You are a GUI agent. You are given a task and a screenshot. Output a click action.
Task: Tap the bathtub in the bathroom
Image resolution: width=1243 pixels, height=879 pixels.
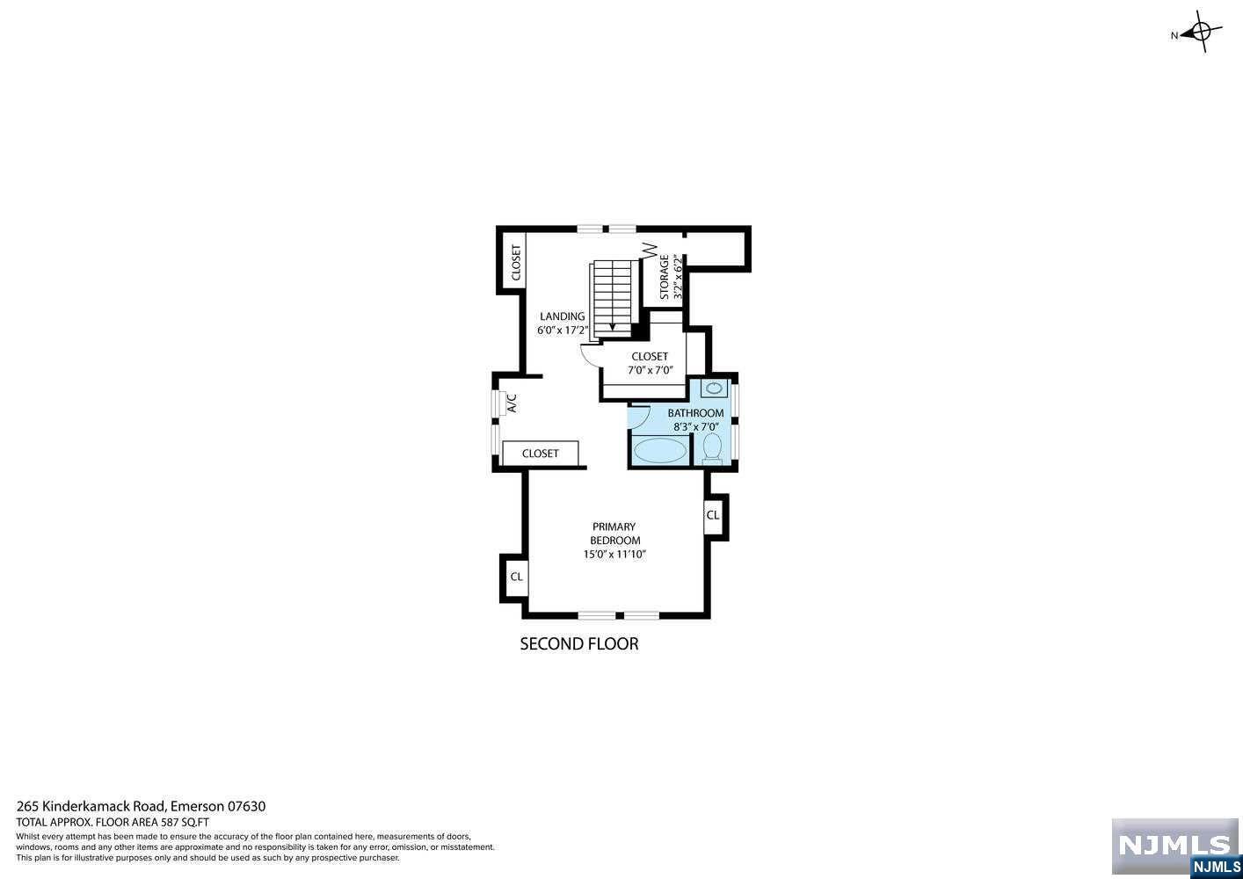(x=659, y=451)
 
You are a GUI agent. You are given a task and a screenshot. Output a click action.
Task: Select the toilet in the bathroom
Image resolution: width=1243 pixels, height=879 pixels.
(x=712, y=447)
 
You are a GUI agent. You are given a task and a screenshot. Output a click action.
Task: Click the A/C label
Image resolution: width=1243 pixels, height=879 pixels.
(x=511, y=403)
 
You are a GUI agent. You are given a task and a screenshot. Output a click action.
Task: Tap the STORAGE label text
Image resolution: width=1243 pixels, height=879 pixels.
(x=665, y=278)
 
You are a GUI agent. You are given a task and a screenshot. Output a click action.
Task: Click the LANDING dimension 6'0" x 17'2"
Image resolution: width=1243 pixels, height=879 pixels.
(x=563, y=331)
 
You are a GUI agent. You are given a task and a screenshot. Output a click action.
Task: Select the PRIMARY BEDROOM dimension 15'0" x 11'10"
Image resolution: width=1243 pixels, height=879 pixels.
(x=614, y=555)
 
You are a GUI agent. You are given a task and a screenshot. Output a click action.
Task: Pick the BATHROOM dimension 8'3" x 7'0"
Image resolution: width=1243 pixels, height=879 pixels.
(x=695, y=427)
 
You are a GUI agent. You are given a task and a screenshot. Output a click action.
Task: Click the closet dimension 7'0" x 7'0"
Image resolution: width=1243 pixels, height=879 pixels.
(x=650, y=370)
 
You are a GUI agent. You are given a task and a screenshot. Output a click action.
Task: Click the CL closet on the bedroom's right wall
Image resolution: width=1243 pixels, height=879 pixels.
(x=713, y=515)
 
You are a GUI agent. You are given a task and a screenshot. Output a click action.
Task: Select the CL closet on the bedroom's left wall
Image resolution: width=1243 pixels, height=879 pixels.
(x=516, y=577)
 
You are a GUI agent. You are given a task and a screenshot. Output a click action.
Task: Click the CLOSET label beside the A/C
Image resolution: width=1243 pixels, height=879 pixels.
(x=540, y=454)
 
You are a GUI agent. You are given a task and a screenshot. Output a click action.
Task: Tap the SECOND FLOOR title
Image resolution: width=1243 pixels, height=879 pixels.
(x=579, y=644)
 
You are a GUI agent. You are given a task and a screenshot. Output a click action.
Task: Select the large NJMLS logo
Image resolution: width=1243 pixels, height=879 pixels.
(x=1174, y=845)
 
